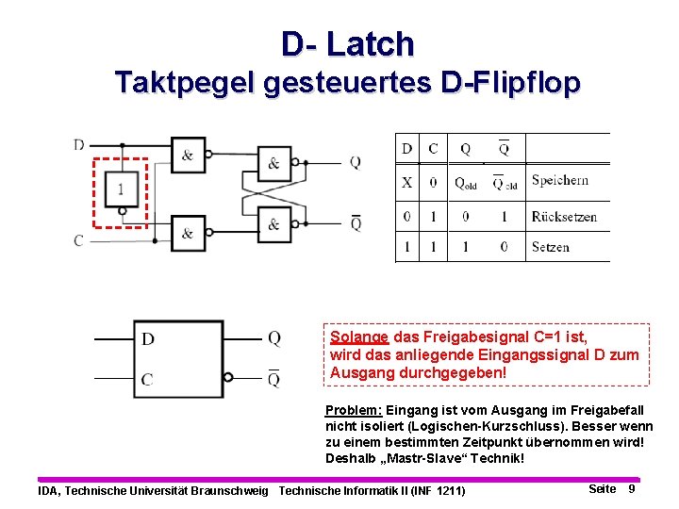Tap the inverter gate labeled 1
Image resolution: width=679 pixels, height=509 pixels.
coord(122,189)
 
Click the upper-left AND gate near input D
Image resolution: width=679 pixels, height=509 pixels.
coord(188,155)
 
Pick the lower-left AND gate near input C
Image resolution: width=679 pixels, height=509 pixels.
coord(188,233)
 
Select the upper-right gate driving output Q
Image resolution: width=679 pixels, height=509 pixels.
coord(273,162)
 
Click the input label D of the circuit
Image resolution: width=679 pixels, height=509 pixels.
coord(79,144)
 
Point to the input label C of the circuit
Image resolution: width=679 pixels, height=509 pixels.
coord(79,240)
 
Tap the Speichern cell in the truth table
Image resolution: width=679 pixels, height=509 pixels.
coord(559,180)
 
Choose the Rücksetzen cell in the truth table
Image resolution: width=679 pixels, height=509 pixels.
coord(564,216)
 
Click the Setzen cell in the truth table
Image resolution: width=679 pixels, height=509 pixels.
coord(550,246)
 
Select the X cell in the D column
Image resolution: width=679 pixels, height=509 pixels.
coord(406,181)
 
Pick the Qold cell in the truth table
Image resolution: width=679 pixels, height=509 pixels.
coord(466,182)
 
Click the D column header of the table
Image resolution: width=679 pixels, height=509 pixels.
coord(406,148)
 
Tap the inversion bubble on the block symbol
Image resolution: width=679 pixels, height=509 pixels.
coord(227,378)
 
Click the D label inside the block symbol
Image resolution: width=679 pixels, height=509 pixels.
coord(148,338)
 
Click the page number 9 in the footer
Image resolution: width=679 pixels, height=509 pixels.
coord(631,488)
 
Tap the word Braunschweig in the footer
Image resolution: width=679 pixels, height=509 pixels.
coord(230,490)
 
